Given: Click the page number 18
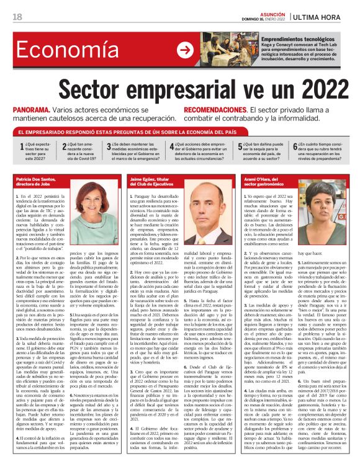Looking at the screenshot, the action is click(x=17, y=16).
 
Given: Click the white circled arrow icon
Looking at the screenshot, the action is click(x=184, y=50).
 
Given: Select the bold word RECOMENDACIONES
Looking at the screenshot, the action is click(x=217, y=108).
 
